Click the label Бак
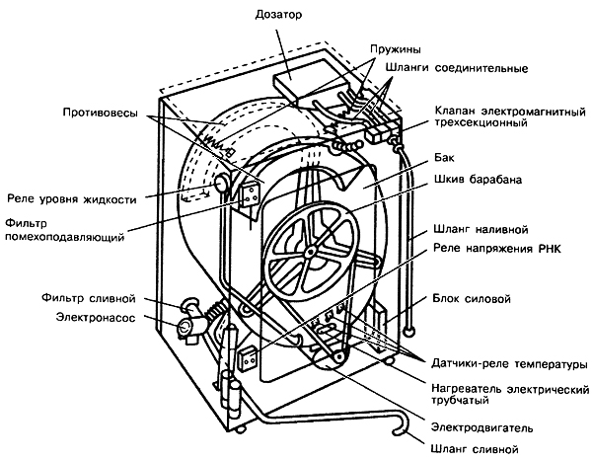pos(444,157)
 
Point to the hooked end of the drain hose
pos(405,427)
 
